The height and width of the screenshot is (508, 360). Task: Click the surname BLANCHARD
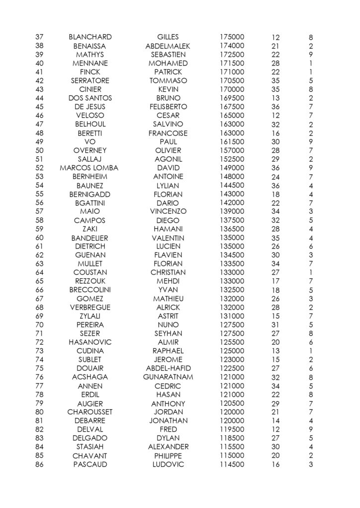click(90, 37)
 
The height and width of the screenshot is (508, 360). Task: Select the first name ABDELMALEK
click(168, 46)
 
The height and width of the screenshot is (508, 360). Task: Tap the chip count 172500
click(232, 55)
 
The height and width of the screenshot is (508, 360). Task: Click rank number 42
click(40, 81)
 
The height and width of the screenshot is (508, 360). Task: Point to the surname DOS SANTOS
click(90, 98)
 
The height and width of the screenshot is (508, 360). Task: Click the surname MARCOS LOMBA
click(89, 168)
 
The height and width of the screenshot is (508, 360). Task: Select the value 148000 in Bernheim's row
click(232, 177)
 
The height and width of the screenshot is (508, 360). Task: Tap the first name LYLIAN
click(168, 186)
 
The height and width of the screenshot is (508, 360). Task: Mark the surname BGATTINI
click(90, 203)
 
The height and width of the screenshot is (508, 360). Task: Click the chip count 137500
click(232, 220)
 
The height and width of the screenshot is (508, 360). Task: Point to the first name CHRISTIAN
click(168, 272)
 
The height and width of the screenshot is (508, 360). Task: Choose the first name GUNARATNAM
click(168, 377)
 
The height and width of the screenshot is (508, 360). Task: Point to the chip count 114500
click(232, 464)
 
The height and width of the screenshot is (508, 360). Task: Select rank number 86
click(40, 464)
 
